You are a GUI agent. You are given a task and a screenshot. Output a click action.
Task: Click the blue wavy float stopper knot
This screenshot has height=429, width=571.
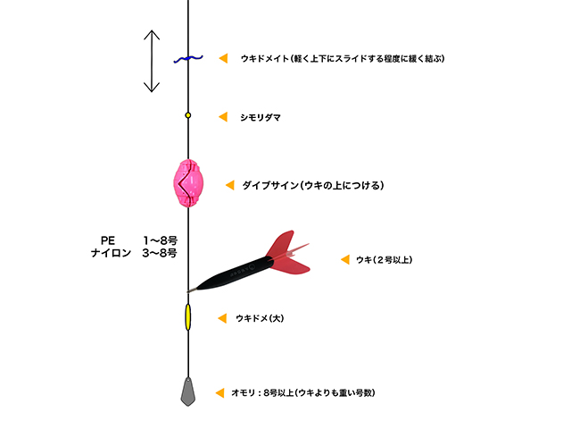click(188, 59)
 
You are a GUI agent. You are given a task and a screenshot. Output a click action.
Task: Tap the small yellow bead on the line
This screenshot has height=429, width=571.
click(188, 115)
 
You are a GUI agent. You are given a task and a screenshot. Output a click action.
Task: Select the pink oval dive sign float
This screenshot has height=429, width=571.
click(188, 183)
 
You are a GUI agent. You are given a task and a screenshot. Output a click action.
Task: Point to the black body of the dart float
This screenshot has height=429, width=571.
click(233, 273)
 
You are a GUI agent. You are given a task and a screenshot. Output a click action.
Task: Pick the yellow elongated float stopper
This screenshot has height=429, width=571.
click(188, 317)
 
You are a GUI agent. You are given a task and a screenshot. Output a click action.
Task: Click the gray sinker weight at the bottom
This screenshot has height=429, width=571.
click(188, 391)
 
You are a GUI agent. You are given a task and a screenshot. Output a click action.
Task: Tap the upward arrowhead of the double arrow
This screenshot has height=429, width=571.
click(152, 35)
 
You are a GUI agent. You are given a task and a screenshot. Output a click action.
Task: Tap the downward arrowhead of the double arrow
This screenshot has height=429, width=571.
click(152, 88)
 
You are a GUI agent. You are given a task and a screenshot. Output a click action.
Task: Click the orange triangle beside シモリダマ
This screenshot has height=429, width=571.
click(223, 117)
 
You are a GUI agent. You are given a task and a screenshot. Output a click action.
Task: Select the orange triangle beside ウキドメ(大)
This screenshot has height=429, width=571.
click(222, 318)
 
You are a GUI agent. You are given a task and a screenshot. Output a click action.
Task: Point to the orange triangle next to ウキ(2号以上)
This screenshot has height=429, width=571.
click(345, 259)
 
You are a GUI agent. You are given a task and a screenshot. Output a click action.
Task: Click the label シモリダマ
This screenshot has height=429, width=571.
click(261, 117)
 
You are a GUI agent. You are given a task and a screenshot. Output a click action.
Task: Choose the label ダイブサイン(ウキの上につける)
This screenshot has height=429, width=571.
click(313, 185)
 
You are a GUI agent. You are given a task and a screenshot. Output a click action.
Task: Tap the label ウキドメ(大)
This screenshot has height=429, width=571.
click(260, 318)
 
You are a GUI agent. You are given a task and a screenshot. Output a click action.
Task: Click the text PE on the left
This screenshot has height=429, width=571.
click(108, 240)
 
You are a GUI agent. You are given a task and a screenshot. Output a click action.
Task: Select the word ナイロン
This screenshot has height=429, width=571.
click(111, 253)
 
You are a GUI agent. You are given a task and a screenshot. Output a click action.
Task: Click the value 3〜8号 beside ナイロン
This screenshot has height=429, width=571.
click(160, 253)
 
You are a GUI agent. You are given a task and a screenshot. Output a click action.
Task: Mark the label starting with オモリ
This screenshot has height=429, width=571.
click(303, 393)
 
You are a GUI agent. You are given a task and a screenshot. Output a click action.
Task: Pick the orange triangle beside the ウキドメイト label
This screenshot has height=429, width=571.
click(223, 58)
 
